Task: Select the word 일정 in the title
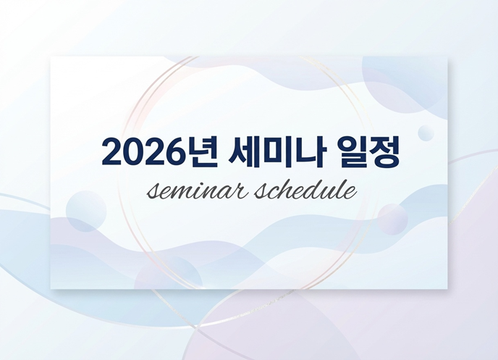coord(368,151)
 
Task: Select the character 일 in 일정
coord(351,151)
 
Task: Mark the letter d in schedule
coord(322,189)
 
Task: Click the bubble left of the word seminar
coord(86,211)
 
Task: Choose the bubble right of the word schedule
coord(392,219)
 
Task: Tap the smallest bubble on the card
coord(426,133)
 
